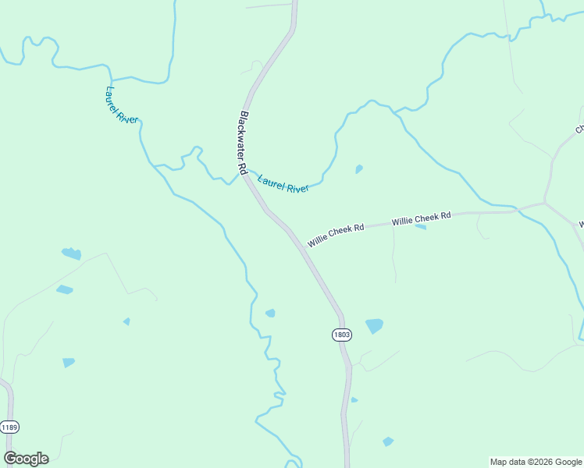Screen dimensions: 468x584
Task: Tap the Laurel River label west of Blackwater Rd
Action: coord(121,105)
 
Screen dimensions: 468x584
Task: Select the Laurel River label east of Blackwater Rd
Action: coord(283,183)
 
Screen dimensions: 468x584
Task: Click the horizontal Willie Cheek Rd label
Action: coord(422,218)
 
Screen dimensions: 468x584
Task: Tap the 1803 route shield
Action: coord(341,335)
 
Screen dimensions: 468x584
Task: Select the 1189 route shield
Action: coord(9,427)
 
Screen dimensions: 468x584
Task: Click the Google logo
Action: coord(26,459)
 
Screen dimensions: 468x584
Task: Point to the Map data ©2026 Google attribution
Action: coord(536,462)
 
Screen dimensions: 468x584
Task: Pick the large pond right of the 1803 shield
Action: coord(375,325)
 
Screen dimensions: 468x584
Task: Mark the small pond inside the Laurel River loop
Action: coord(359,168)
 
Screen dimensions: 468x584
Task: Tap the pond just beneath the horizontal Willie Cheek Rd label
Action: coord(420,227)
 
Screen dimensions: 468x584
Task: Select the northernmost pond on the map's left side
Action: coord(71,253)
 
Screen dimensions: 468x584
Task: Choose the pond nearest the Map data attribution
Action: coord(388,441)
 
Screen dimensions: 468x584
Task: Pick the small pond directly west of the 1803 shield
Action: coord(270,314)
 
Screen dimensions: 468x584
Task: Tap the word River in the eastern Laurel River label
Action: coord(297,187)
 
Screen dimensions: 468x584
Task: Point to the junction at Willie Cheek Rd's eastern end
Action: coord(544,204)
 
